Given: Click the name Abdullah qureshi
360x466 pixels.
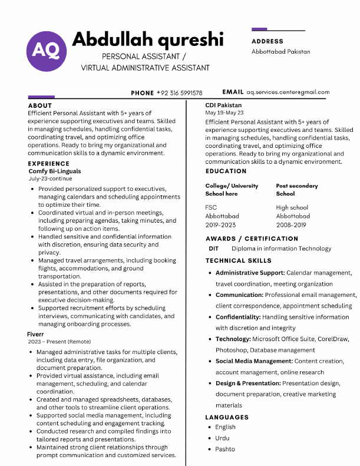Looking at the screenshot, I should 147,39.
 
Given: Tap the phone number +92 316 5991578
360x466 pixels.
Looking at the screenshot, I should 179,93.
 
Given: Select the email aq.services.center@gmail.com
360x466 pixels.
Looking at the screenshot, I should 288,92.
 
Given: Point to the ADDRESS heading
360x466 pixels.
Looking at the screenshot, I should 267,41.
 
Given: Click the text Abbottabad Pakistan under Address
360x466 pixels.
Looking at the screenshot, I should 280,52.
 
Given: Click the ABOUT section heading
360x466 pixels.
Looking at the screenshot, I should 40,106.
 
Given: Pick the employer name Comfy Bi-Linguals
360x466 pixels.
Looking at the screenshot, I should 55,171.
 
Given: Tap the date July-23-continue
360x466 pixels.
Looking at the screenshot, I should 51,179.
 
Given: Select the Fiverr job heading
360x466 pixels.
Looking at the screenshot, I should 36,334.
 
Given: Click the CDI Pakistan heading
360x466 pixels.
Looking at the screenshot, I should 223,105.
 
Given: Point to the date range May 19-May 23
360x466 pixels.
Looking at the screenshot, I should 224,113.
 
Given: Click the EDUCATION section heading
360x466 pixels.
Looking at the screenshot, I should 226,171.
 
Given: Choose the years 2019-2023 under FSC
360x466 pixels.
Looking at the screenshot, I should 220,225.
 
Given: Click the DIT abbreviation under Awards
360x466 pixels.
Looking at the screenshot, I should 213,249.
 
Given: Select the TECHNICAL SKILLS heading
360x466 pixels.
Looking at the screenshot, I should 239,260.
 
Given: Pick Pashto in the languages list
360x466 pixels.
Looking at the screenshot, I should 225,450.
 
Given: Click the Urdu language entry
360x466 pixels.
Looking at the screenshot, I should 222,438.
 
